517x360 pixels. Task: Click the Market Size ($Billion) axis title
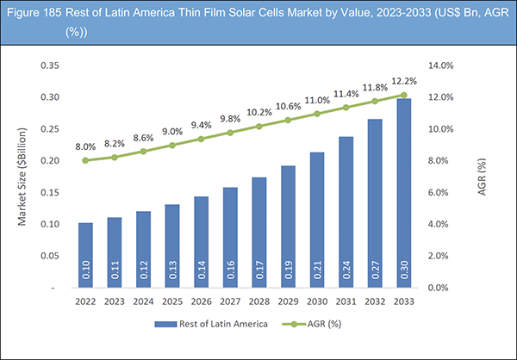point(22,176)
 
